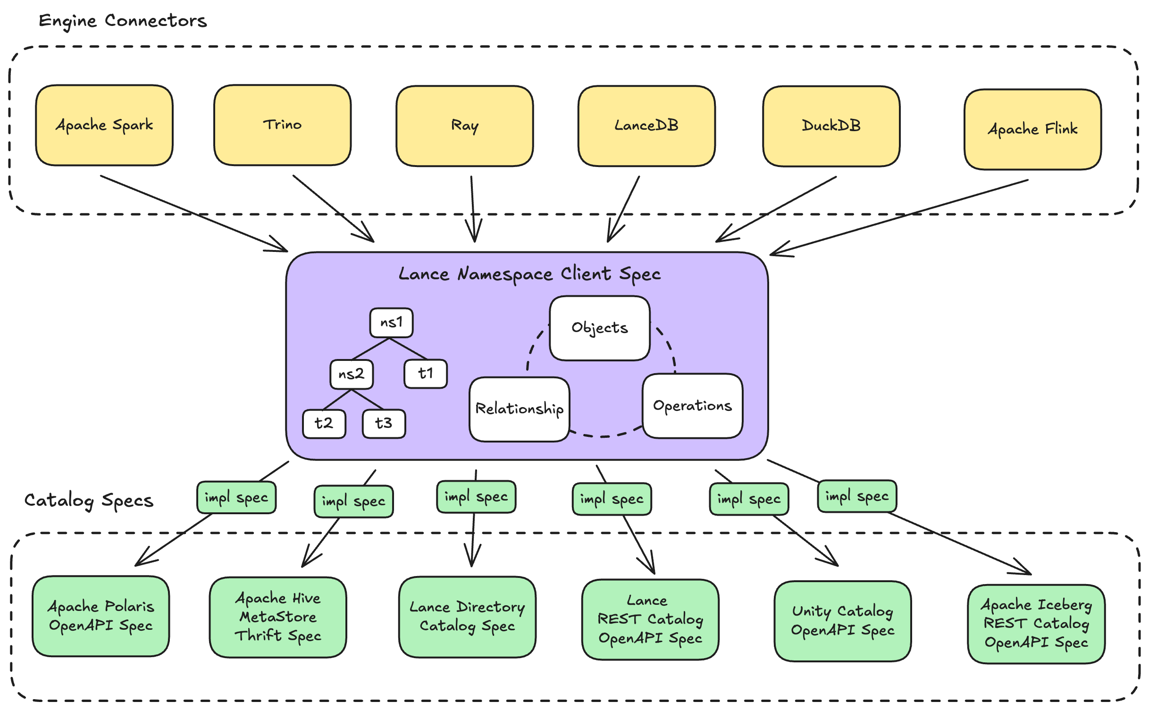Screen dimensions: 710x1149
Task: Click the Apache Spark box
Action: (104, 125)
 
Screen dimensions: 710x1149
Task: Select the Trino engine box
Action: (282, 125)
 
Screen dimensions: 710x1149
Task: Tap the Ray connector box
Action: (465, 126)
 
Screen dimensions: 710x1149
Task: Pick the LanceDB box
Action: (646, 126)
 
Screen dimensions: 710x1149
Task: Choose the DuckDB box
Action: (831, 126)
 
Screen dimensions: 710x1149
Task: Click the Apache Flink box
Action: (1032, 129)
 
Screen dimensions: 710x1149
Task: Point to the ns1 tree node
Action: (391, 323)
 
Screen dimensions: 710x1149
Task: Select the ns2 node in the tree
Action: (352, 374)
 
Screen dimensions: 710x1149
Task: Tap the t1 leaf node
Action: (425, 374)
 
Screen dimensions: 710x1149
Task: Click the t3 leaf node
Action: (384, 423)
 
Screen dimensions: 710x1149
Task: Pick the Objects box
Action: (600, 328)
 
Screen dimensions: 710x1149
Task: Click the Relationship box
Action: (519, 409)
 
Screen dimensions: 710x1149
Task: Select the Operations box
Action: (692, 406)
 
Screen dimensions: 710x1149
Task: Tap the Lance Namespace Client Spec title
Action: (529, 274)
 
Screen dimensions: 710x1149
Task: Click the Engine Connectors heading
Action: (123, 21)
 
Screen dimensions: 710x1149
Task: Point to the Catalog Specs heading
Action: (89, 501)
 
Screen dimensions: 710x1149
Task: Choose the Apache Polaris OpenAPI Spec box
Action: (101, 616)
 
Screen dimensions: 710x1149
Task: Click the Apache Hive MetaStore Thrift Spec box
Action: (278, 617)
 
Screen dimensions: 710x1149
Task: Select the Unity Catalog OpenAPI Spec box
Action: (842, 621)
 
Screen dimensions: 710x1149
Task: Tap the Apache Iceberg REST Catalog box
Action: (1036, 624)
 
